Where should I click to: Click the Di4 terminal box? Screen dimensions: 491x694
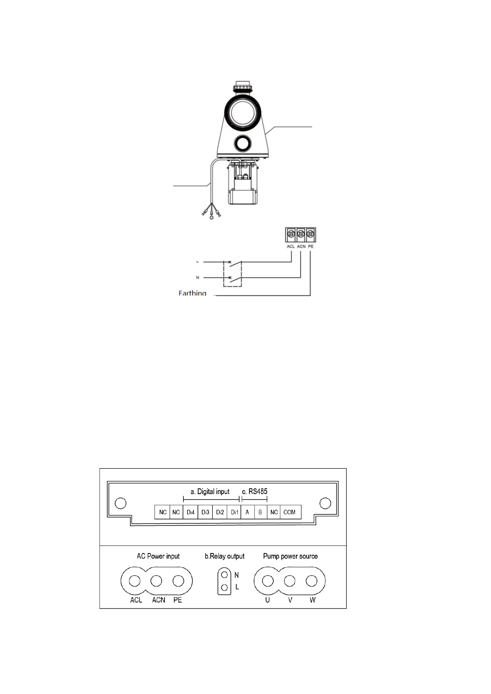190,512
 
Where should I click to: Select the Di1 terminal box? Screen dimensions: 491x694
235,512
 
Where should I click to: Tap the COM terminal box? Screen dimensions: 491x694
289,512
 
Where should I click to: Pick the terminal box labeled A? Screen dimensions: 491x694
247,512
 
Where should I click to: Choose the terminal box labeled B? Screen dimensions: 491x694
260,512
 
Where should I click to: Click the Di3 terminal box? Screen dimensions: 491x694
205,512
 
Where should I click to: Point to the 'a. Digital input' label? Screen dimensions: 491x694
210,491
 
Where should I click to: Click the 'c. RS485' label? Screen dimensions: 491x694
255,491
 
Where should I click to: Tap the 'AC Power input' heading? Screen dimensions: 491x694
158,556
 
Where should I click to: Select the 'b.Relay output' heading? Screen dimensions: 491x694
225,556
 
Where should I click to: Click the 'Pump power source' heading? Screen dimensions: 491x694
290,556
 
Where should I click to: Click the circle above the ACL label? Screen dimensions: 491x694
135,581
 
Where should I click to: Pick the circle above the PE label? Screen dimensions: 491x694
178,581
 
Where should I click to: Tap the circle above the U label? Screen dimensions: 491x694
268,581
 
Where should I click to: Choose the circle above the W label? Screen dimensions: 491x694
312,581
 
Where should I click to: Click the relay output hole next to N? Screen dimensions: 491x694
225,574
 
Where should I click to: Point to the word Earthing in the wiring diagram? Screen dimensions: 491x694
192,293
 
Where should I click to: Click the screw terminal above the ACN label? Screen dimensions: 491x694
301,234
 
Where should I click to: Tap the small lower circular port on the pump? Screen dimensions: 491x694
243,143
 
